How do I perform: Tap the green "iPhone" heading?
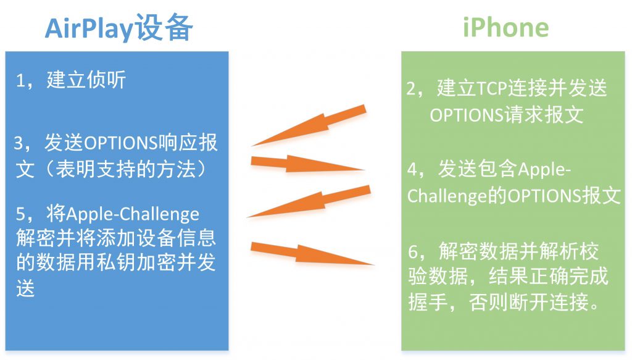click(x=505, y=27)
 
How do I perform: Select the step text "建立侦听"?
click(x=86, y=80)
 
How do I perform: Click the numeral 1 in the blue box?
click(x=20, y=81)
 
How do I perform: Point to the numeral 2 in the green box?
click(x=412, y=89)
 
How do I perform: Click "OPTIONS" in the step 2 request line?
click(x=467, y=115)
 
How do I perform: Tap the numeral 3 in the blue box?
click(x=19, y=143)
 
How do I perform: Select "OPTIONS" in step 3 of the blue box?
click(x=120, y=143)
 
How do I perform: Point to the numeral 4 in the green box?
click(x=412, y=169)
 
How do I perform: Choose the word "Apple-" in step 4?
click(x=544, y=170)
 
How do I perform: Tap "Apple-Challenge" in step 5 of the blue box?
click(x=133, y=214)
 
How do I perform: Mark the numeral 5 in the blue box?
click(x=20, y=214)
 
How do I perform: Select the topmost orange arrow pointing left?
click(x=309, y=125)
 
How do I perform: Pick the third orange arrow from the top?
click(x=309, y=201)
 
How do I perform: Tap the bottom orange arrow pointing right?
click(x=312, y=253)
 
